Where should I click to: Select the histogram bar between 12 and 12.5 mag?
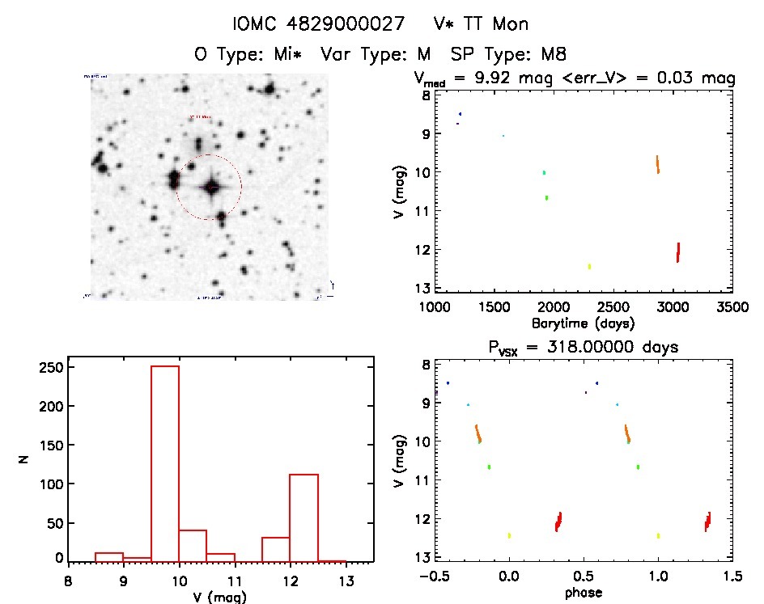click(303, 517)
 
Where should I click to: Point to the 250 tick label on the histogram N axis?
click(49, 367)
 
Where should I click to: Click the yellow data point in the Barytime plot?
click(589, 266)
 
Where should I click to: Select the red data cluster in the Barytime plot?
click(678, 252)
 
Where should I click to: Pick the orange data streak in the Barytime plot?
click(658, 164)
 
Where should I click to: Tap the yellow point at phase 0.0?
click(509, 535)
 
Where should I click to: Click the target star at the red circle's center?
click(212, 188)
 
